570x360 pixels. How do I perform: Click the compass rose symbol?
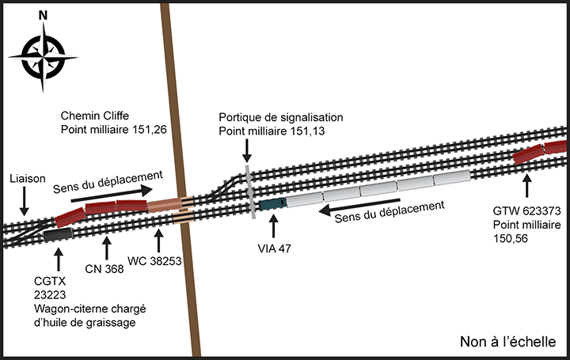pos(43,55)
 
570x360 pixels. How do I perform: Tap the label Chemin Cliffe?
pos(98,114)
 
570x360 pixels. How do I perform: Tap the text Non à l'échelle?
pos(508,342)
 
